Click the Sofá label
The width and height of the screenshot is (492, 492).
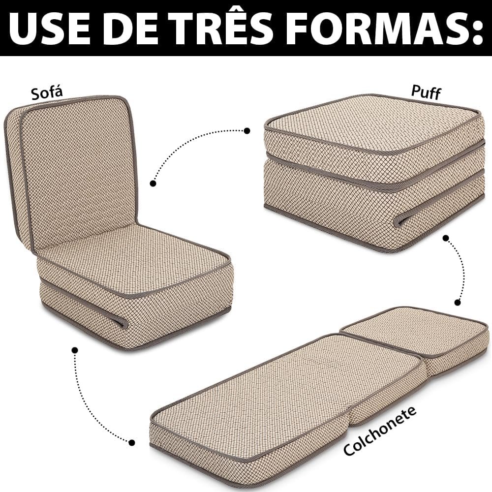47,92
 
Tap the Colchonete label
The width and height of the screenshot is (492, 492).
380,430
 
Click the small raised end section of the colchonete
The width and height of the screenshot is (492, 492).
414,336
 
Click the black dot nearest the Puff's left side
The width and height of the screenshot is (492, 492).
247,130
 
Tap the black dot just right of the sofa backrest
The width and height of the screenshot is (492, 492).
153,183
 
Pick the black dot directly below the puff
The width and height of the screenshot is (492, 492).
446,238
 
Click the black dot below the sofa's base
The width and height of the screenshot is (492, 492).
75,349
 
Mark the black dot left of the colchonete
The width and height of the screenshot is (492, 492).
132,443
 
